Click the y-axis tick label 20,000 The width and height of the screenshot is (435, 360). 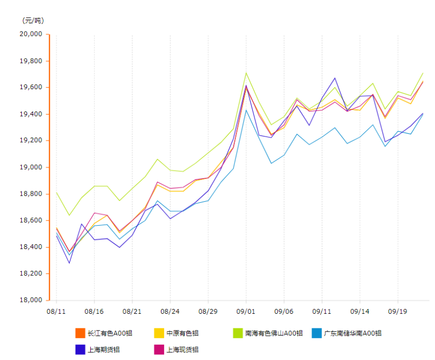[x=31, y=34]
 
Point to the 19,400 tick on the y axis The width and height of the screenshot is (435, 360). [x=31, y=114]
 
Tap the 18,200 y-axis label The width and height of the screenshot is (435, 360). [x=31, y=274]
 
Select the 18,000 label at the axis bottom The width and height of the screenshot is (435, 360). [x=31, y=300]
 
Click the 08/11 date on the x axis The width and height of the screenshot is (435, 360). [x=57, y=312]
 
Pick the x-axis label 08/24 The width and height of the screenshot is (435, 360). [x=170, y=312]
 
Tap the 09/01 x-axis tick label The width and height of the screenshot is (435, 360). [x=246, y=312]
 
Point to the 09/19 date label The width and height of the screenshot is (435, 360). [x=397, y=312]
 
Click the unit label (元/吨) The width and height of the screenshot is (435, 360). [x=33, y=21]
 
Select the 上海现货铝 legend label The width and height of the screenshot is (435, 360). [x=182, y=350]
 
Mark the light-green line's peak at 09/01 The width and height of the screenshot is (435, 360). [x=246, y=73]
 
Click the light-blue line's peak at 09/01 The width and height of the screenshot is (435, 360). [x=246, y=110]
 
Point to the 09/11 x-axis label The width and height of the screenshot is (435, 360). [x=322, y=312]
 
